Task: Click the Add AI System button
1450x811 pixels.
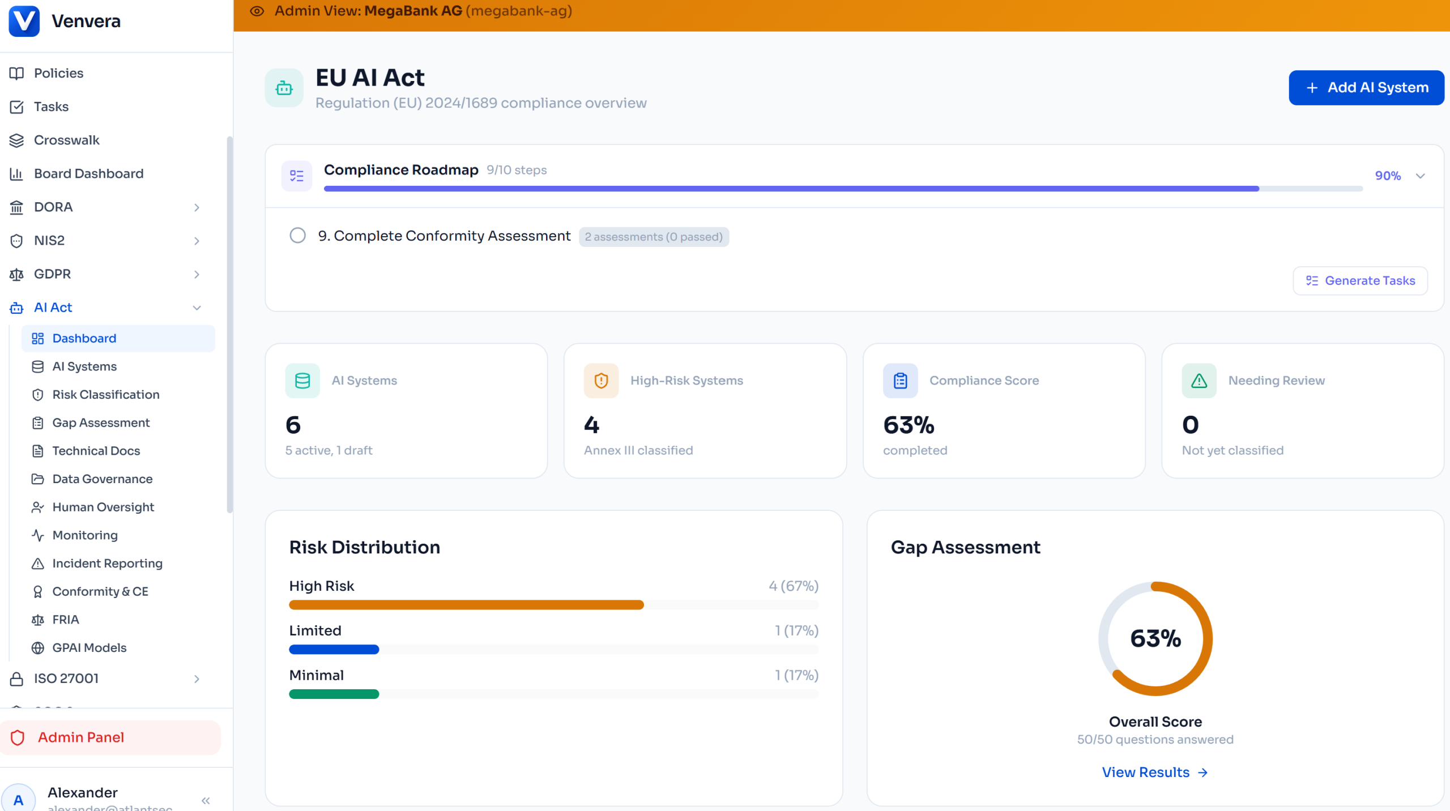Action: tap(1366, 88)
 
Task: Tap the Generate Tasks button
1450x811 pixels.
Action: tap(1360, 281)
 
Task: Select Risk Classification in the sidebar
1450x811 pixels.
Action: tap(105, 395)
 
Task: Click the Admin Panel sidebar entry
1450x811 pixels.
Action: tap(81, 737)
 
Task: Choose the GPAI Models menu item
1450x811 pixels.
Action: tap(89, 648)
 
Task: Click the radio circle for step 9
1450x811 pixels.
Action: tap(297, 236)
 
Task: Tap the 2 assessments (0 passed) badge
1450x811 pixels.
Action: tap(654, 237)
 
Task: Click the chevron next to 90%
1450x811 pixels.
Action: tap(1420, 176)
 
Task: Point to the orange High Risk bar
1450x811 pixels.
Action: tap(466, 605)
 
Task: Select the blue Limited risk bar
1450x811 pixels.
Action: tap(334, 650)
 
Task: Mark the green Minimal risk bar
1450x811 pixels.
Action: tap(334, 694)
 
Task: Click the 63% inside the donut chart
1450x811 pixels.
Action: tap(1155, 639)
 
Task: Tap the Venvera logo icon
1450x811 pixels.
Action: tap(24, 21)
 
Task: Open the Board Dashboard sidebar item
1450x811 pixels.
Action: tap(88, 174)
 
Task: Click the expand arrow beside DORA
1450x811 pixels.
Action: tap(197, 207)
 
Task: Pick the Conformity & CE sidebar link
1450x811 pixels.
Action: tap(100, 592)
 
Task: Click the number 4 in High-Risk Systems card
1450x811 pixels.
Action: tap(591, 425)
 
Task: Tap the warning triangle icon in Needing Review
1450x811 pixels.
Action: tap(1199, 381)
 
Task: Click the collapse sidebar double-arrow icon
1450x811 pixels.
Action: tap(206, 800)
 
